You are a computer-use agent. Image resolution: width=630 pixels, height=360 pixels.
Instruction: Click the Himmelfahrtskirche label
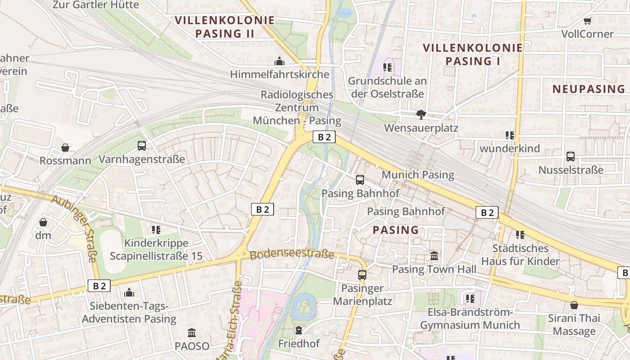[279, 74]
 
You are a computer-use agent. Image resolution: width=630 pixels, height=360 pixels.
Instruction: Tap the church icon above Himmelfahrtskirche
[279, 61]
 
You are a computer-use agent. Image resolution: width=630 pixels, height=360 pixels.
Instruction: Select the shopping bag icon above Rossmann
[65, 148]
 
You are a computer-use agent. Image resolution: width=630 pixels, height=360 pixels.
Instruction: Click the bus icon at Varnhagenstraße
[142, 146]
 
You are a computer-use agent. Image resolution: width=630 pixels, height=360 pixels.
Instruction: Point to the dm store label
[43, 235]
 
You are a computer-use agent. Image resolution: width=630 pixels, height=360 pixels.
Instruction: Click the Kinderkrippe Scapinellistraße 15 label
[156, 250]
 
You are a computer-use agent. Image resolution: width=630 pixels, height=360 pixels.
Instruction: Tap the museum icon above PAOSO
[192, 333]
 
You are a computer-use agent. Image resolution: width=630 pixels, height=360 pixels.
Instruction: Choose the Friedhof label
[299, 343]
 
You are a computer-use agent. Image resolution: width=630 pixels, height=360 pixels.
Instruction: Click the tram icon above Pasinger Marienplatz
[362, 274]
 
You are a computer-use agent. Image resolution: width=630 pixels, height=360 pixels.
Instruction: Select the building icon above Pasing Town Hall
[434, 256]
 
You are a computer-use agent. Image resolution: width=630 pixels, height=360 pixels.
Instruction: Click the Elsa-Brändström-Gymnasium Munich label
[470, 319]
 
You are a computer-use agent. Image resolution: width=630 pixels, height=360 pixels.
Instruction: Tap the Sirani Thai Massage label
[574, 325]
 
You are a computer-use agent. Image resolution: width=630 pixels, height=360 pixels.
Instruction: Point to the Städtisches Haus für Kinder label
[520, 255]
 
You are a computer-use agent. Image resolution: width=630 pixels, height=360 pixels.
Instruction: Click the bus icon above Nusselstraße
[571, 157]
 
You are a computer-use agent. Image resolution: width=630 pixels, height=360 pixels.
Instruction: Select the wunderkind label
[509, 148]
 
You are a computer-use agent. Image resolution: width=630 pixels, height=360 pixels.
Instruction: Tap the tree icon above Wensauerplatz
[421, 115]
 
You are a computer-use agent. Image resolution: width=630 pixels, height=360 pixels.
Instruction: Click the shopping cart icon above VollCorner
[587, 21]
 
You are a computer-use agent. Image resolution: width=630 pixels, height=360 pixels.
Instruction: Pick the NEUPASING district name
[589, 89]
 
